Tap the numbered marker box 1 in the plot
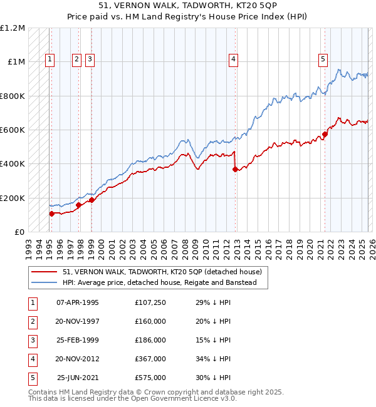[50, 59]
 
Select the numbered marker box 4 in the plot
[232, 59]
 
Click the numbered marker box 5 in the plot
[323, 59]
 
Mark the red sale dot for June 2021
[325, 134]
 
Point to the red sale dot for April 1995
[52, 214]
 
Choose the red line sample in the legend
[44, 271]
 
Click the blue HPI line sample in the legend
[44, 282]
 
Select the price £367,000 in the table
[150, 359]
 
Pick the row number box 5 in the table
[32, 378]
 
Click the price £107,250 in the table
[150, 302]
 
